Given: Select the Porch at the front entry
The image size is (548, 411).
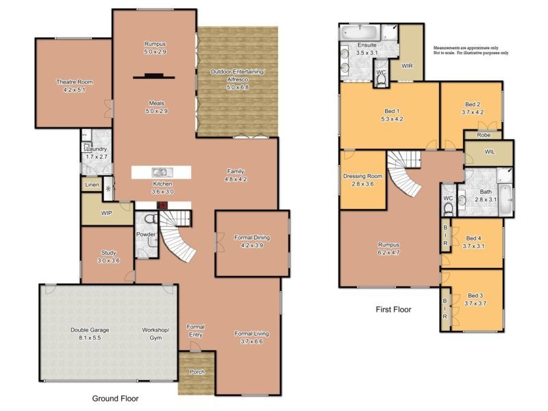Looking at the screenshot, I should [197, 373].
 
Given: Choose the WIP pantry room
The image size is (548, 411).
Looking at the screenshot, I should [106, 213].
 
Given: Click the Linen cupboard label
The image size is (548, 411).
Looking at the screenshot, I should [92, 185].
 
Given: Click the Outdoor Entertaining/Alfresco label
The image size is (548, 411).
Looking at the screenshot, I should [236, 76].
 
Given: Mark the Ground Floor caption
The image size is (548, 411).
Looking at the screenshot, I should [116, 397].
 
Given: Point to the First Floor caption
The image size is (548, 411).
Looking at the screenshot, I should [393, 310].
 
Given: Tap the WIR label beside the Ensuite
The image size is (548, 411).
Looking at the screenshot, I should [407, 66].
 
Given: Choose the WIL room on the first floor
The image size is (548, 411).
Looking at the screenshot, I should [489, 152].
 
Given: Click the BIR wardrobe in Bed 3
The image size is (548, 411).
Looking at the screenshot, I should [445, 310].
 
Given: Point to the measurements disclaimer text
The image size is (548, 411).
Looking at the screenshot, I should [471, 50].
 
